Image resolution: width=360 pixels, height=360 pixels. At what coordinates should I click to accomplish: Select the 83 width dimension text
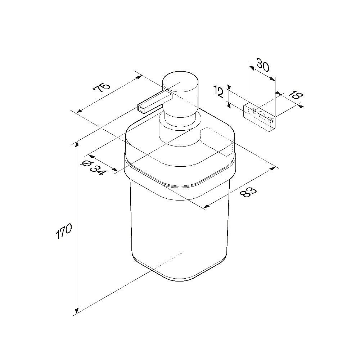[x=248, y=192]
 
